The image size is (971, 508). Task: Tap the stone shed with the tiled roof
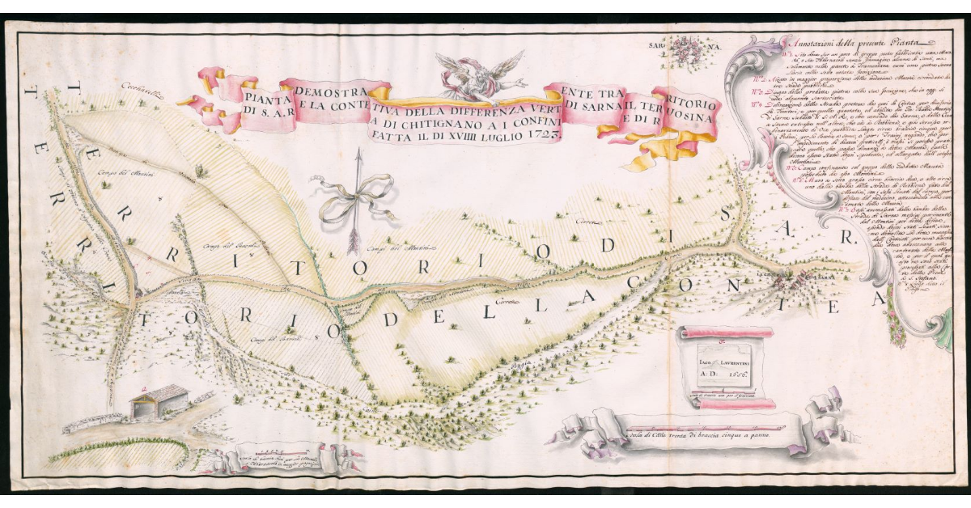160,401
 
